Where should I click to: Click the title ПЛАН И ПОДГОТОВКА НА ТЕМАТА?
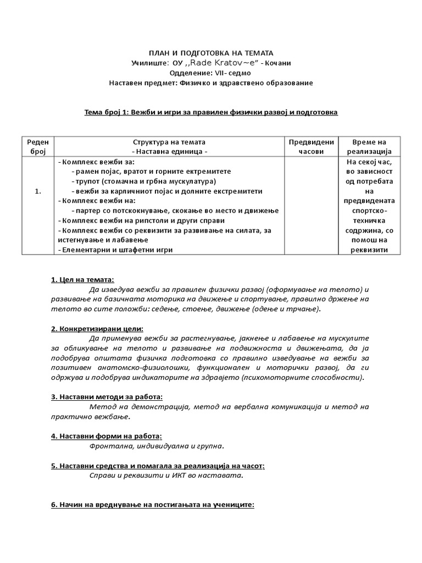coord(210,53)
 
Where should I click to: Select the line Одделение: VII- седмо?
coord(210,73)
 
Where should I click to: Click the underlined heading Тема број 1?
coord(210,112)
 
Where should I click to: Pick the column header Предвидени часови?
coord(311,146)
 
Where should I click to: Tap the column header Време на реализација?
coord(367,146)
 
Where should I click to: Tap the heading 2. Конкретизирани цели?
coord(97,328)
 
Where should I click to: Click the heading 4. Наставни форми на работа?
coord(106,435)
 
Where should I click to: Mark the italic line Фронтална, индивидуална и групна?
coord(157,446)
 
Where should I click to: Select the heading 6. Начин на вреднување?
coord(152,505)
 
